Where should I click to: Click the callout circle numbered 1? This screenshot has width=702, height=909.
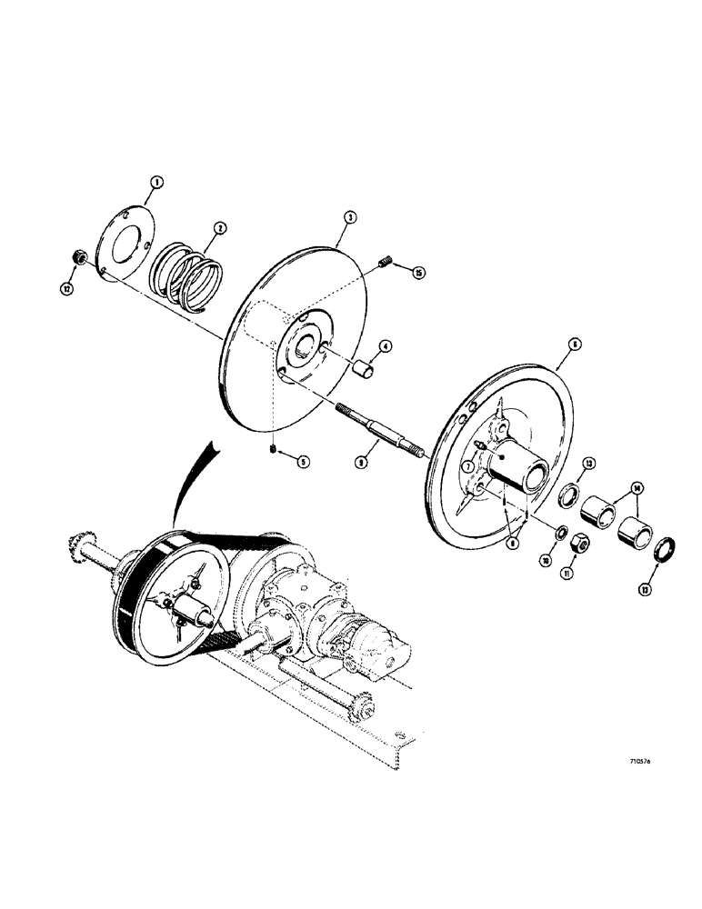[156, 182]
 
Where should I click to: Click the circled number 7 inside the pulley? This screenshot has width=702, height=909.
[466, 465]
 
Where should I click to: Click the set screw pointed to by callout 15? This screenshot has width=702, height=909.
[384, 265]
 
